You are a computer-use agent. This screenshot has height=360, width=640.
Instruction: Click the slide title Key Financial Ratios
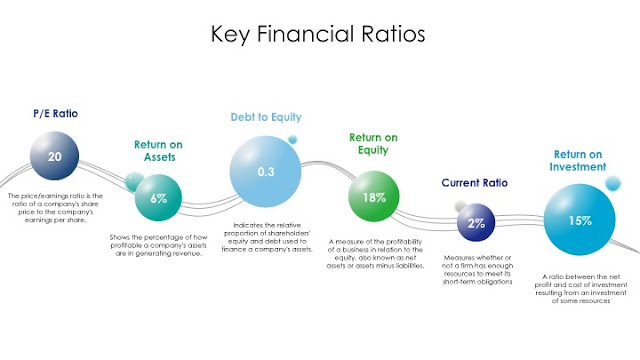[318, 34]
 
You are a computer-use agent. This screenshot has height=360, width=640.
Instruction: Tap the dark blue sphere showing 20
[54, 156]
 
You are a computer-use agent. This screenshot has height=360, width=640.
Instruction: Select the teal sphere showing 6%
[158, 198]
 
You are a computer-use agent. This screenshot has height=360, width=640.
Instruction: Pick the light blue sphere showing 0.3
[265, 171]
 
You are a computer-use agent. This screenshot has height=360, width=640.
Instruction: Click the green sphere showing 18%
[374, 196]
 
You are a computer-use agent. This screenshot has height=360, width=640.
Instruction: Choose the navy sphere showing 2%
[476, 222]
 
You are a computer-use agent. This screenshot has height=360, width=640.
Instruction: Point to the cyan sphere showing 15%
[580, 220]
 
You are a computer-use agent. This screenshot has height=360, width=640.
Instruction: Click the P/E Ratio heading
[56, 113]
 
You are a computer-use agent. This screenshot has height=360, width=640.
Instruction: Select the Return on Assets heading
[159, 151]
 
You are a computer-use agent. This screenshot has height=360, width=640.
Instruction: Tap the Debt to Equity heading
[266, 117]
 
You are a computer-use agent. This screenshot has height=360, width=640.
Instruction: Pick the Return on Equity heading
[373, 144]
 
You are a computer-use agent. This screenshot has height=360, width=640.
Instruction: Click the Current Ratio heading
[475, 182]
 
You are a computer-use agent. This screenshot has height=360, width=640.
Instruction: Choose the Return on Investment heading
[578, 160]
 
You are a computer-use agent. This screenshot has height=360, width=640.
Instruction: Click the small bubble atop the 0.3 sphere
[293, 140]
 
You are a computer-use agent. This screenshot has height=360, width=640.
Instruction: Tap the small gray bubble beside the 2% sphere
[460, 206]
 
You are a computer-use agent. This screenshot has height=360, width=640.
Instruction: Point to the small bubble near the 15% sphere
[613, 183]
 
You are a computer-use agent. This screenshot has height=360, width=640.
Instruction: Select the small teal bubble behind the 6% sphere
[134, 181]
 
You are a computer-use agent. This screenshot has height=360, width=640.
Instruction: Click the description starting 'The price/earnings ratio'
[55, 208]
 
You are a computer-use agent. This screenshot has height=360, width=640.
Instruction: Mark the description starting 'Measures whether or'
[477, 270]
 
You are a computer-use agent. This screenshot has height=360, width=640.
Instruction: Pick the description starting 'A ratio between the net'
[581, 289]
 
